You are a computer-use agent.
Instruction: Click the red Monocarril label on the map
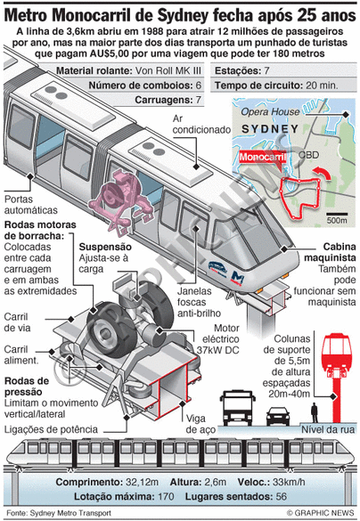pyautogui.click(x=262, y=157)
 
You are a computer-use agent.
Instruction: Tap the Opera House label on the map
pyautogui.click(x=270, y=112)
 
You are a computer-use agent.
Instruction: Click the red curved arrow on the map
pyautogui.click(x=322, y=173)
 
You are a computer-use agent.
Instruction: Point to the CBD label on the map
pyautogui.click(x=308, y=155)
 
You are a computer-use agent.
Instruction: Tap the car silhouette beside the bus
pyautogui.click(x=278, y=416)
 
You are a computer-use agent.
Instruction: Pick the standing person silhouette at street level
pyautogui.click(x=315, y=412)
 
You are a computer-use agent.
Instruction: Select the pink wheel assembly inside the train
pyautogui.click(x=121, y=199)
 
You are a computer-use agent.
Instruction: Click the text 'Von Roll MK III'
pyautogui.click(x=168, y=70)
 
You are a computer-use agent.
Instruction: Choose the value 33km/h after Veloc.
pyautogui.click(x=289, y=482)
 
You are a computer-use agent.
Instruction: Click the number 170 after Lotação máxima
pyautogui.click(x=166, y=497)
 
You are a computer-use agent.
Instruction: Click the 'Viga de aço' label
pyautogui.click(x=200, y=424)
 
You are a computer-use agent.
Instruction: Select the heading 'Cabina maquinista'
pyautogui.click(x=330, y=252)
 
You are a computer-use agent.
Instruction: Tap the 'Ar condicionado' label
pyautogui.click(x=201, y=124)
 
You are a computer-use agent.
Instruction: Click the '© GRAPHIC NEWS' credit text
pyautogui.click(x=321, y=512)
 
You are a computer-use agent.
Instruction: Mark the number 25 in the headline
pyautogui.click(x=309, y=15)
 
